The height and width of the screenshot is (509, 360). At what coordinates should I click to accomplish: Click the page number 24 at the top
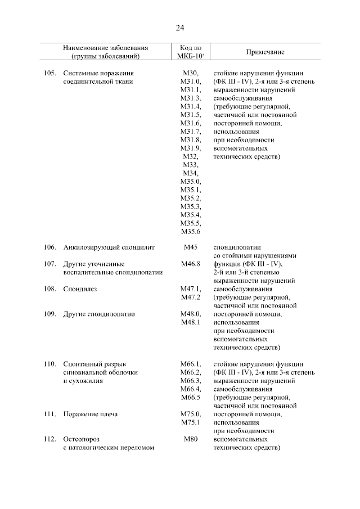pyautogui.click(x=180, y=28)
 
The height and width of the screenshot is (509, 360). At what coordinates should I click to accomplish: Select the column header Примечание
pyautogui.click(x=265, y=52)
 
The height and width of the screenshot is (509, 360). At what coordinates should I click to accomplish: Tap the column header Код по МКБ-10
pyautogui.click(x=190, y=52)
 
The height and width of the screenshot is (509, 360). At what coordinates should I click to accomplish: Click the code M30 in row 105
pyautogui.click(x=190, y=73)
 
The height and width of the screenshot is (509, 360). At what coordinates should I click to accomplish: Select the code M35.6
pyautogui.click(x=190, y=231)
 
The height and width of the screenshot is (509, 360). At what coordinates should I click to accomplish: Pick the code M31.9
pyautogui.click(x=190, y=148)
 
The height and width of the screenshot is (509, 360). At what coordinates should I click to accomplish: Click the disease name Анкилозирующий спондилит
pyautogui.click(x=109, y=247)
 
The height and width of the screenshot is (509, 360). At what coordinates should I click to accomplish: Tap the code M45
pyautogui.click(x=190, y=247)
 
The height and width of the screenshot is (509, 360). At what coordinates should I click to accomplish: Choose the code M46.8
pyautogui.click(x=190, y=264)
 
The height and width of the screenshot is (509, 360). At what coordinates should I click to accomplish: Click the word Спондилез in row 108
pyautogui.click(x=80, y=289)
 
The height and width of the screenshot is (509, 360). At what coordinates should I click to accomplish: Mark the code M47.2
pyautogui.click(x=190, y=297)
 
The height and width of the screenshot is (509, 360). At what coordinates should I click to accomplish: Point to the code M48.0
pyautogui.click(x=190, y=314)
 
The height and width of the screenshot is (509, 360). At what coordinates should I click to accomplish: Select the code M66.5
pyautogui.click(x=190, y=398)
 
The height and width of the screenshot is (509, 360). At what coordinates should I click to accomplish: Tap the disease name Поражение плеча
pyautogui.click(x=91, y=414)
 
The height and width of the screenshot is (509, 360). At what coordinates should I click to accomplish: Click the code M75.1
pyautogui.click(x=190, y=422)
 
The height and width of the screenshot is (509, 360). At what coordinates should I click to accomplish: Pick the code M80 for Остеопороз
pyautogui.click(x=190, y=439)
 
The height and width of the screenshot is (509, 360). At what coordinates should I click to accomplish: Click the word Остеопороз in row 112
pyautogui.click(x=82, y=439)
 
